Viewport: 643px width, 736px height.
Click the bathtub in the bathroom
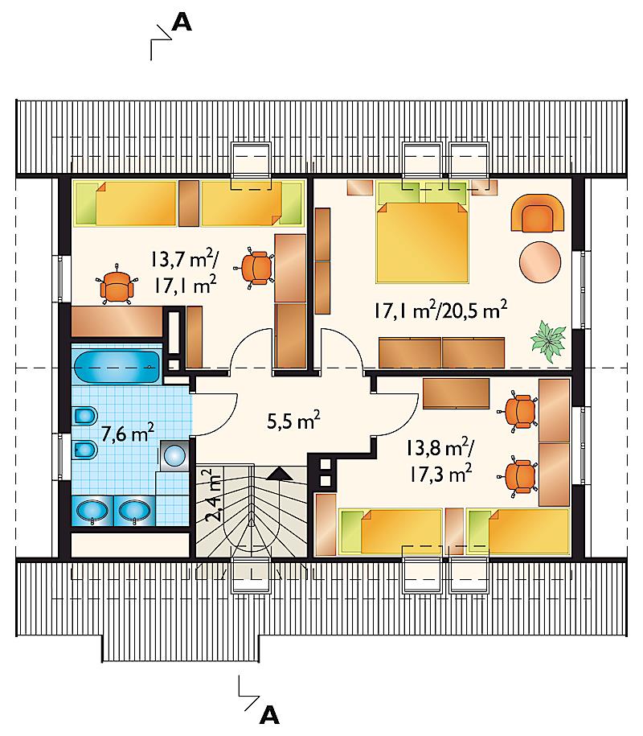(117, 368)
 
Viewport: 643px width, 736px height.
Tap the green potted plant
(548, 340)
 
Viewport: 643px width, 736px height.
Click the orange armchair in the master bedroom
(538, 214)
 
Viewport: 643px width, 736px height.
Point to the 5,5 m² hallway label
(293, 420)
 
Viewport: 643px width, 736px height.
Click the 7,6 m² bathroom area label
(128, 433)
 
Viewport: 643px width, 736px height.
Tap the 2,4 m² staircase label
(213, 495)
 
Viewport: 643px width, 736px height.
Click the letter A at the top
(182, 22)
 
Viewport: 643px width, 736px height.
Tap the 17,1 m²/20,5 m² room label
(441, 310)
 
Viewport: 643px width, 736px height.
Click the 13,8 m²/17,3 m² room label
(440, 462)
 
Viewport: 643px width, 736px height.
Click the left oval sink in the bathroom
(92, 511)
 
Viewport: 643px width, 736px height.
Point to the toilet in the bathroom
(85, 416)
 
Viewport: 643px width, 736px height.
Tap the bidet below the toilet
(85, 450)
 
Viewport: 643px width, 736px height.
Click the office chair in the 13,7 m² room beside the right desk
(254, 266)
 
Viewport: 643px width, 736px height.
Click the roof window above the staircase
(251, 575)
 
